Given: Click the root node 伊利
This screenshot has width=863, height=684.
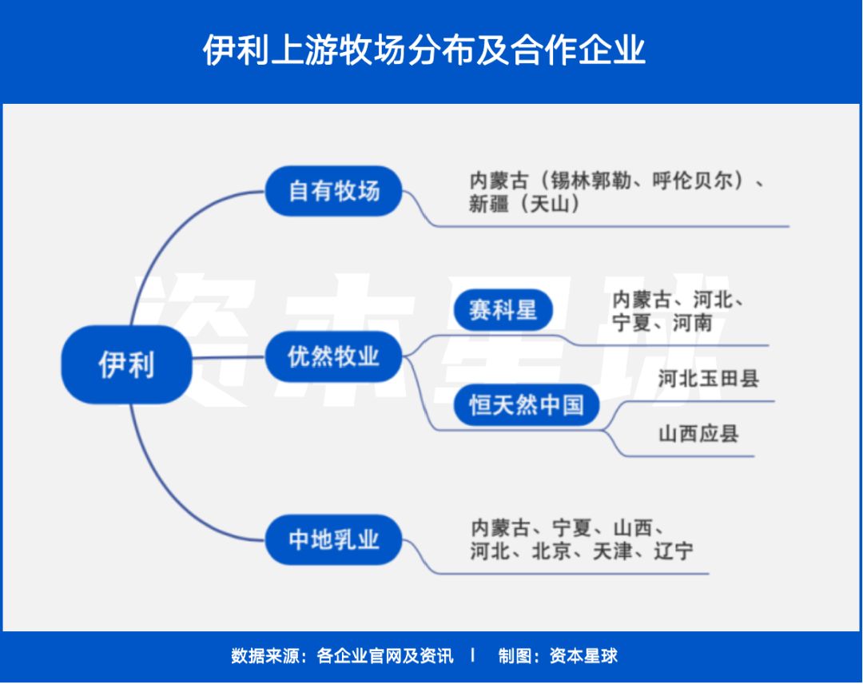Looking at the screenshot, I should pos(126,364).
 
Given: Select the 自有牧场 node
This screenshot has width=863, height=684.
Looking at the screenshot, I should pos(333,191).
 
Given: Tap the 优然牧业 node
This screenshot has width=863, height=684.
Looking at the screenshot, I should pos(333,356).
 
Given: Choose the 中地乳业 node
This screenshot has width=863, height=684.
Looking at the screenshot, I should pos(333,540).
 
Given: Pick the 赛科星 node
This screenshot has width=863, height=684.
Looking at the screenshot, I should pos(503,310).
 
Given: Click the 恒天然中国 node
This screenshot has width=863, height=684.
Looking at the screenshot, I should pos(526,404).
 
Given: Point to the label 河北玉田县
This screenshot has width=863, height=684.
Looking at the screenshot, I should pos(708,378).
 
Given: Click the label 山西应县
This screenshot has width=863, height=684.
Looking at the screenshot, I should pos(698,434).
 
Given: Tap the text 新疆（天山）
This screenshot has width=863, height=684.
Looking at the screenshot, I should pos(523,204).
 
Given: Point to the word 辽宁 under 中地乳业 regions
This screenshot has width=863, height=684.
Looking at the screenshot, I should pos(674,551).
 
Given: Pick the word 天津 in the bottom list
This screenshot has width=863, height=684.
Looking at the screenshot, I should pos(612,551).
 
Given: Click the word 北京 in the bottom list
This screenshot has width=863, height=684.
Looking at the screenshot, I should pos(551,551).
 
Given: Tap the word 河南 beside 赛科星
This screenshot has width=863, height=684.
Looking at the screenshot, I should pos(692,323).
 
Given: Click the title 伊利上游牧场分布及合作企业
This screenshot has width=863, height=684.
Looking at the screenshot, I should pos(424,50).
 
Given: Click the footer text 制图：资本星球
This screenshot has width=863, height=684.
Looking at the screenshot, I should pos(558,656).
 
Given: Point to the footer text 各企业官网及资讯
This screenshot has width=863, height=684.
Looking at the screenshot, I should pos(385,656).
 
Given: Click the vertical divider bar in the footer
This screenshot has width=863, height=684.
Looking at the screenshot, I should pos(473,655).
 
